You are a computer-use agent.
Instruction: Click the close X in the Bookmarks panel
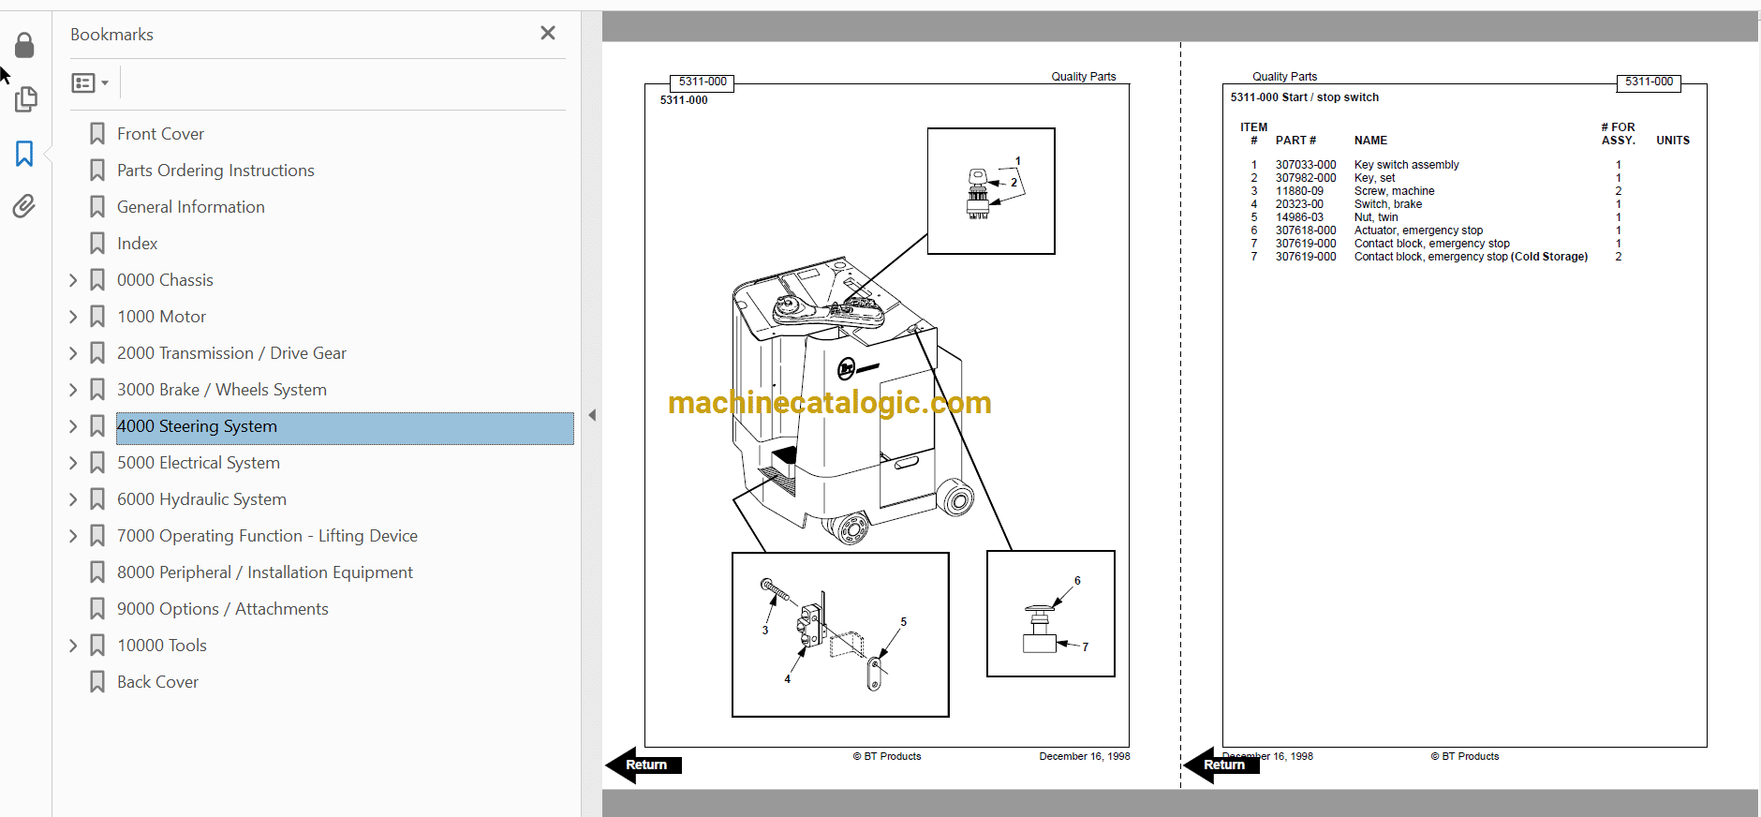548,33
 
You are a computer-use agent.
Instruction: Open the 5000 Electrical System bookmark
199,463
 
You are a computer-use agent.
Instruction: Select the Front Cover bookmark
160,134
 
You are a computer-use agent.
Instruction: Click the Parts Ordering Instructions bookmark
215,171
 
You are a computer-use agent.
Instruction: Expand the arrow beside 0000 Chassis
73,280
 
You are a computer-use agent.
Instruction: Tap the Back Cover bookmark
157,682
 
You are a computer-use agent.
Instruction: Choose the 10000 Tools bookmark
162,646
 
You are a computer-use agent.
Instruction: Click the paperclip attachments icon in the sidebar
24,206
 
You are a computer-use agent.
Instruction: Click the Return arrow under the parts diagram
644,765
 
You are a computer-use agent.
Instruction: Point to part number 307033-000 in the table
1306,165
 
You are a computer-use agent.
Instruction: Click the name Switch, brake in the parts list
1387,204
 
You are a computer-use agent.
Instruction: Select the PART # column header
1295,141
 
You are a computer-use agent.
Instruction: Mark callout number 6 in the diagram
1077,581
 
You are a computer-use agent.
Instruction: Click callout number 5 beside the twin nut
903,622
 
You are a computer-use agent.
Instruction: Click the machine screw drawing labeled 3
775,590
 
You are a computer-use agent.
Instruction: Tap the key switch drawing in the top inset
978,194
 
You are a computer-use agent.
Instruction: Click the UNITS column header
1673,141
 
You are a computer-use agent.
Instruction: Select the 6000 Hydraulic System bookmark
201,499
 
